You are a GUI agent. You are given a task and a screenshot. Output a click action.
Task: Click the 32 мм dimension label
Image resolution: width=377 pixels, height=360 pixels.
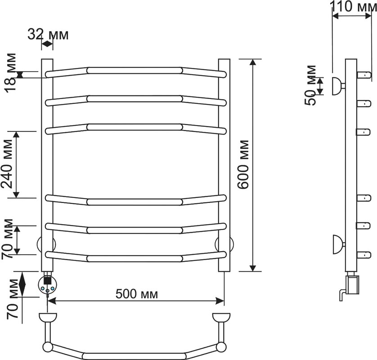[x=48, y=34]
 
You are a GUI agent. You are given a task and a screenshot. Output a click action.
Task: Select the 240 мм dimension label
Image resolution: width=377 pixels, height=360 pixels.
[x=7, y=164]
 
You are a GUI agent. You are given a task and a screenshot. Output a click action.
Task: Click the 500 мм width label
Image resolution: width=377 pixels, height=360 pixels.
[x=137, y=294]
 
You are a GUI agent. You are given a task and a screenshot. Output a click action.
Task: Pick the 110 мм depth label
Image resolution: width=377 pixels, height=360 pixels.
[x=353, y=6]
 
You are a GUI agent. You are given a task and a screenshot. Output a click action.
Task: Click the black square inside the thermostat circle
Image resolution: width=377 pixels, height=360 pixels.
[x=47, y=281]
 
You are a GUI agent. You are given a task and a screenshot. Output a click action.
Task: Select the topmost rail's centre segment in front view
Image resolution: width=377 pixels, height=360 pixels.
[x=135, y=70]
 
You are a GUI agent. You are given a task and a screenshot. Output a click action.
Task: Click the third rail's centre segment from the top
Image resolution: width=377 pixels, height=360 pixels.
[x=135, y=127]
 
